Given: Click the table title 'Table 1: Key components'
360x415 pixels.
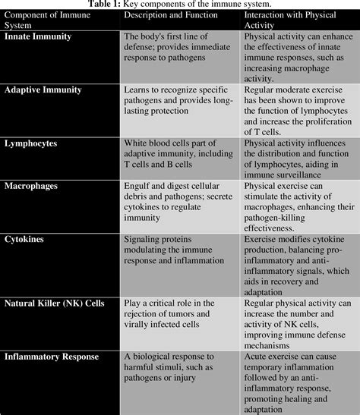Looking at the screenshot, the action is pyautogui.click(x=180, y=4).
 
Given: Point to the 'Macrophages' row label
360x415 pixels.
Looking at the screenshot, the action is pyautogui.click(x=33, y=185).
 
